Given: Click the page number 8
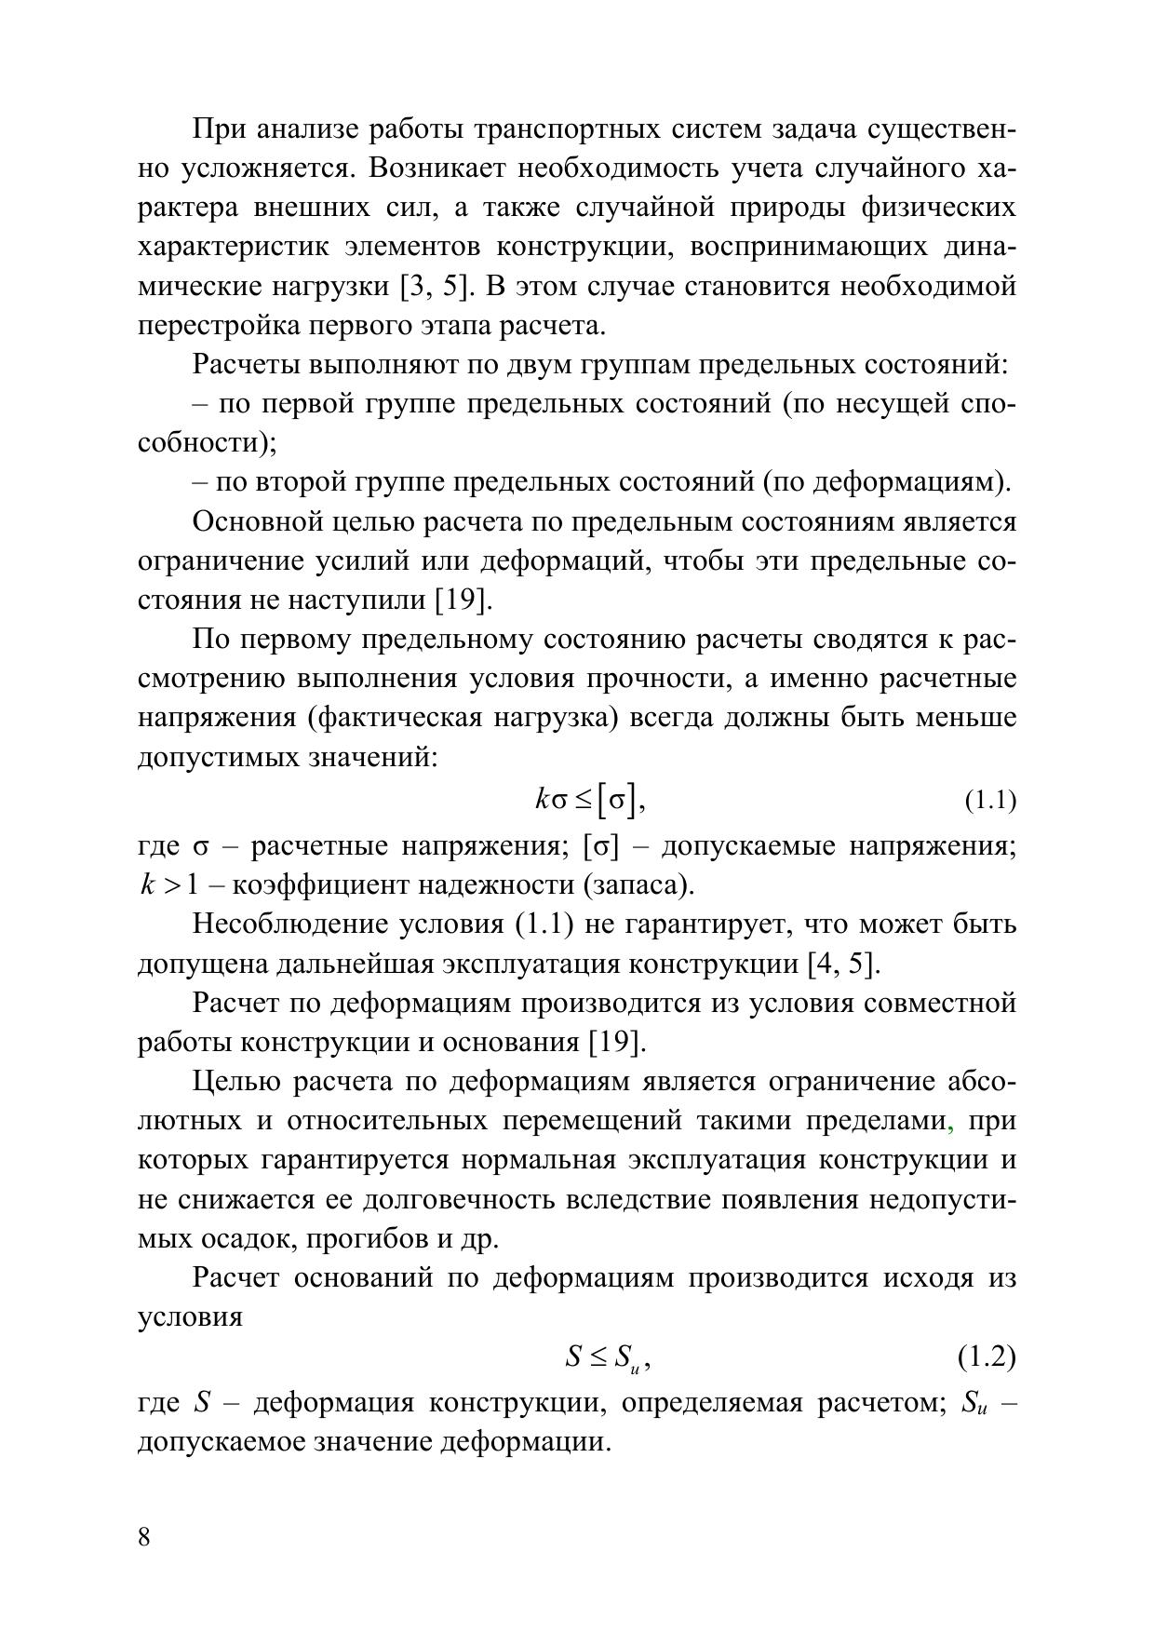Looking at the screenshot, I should pyautogui.click(x=144, y=1536).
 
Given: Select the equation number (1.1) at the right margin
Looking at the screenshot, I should pyautogui.click(x=988, y=800).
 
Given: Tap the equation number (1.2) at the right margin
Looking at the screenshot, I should pyautogui.click(x=987, y=1356).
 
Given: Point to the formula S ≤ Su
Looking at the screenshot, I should pyautogui.click(x=607, y=1357).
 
